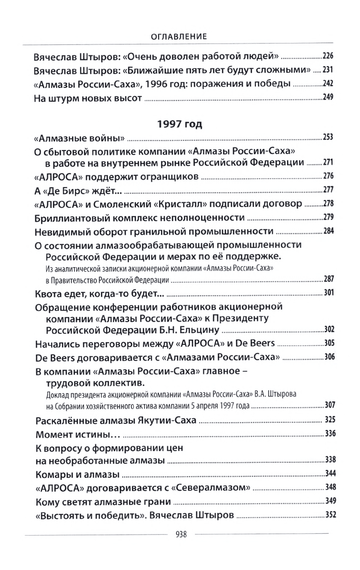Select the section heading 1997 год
pyautogui.click(x=180, y=124)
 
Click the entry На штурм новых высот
pyautogui.click(x=89, y=99)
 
